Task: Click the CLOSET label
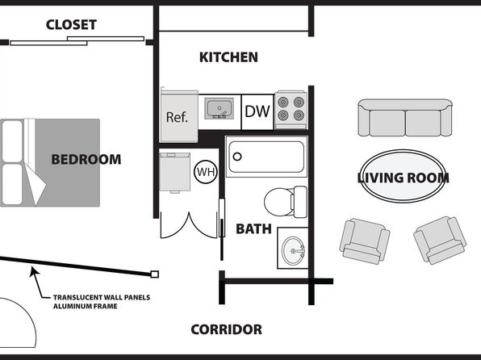coord(71,25)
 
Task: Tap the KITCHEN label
coord(228,57)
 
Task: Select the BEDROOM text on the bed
coord(86,160)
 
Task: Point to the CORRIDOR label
coord(227,329)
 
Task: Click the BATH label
coord(253,229)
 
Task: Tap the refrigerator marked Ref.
coord(179,116)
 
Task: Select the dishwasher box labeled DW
coord(257,112)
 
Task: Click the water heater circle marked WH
coord(206,172)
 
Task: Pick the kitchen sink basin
coord(219,108)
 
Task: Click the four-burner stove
coord(291,110)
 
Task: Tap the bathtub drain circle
coord(237,157)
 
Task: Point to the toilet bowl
coord(278,202)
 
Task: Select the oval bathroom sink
coord(294,251)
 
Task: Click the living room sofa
coord(405,118)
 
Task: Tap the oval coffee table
coord(403,177)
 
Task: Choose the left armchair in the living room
coord(365,241)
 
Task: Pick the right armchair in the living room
coord(440,241)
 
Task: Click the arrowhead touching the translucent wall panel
coord(33,271)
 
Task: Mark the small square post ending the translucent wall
coord(155,274)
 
